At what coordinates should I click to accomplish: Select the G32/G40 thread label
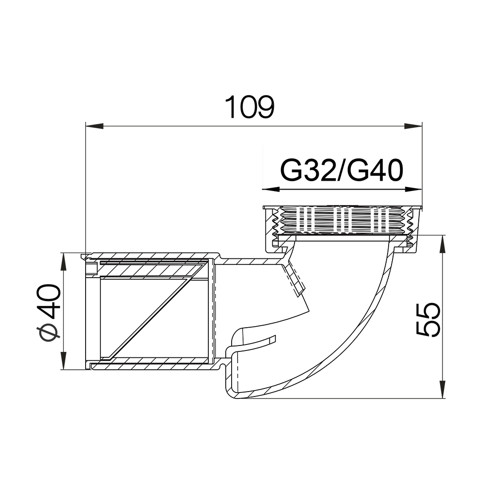[342, 170]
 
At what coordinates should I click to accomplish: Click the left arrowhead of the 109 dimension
[95, 126]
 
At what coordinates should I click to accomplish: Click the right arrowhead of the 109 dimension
[413, 126]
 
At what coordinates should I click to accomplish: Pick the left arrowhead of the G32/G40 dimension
[271, 190]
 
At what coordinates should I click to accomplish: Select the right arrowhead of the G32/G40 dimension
[413, 190]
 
